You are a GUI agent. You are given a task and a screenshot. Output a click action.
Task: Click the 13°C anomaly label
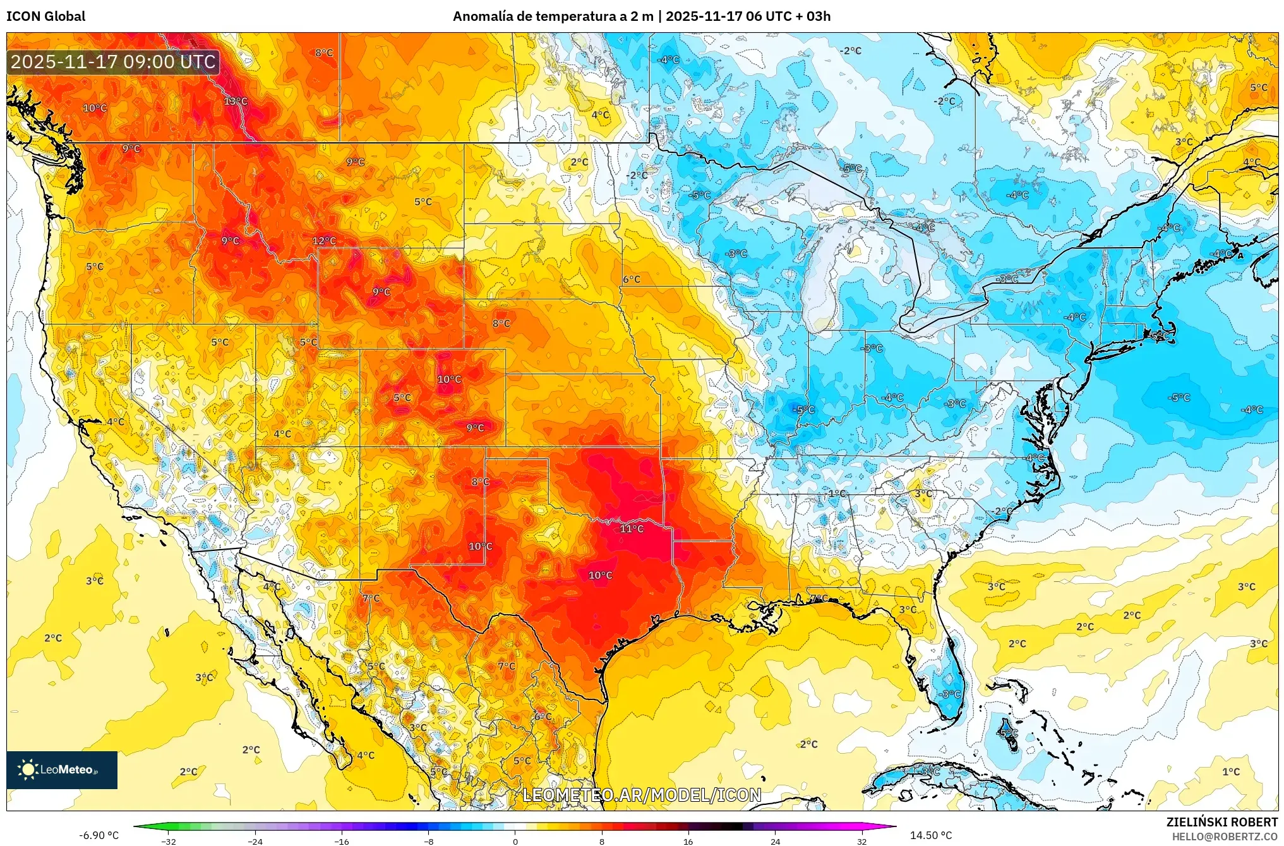pos(236,101)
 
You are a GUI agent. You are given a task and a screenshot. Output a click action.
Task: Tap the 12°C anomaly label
pos(324,241)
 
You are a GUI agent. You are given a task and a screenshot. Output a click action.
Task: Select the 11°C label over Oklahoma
pos(632,529)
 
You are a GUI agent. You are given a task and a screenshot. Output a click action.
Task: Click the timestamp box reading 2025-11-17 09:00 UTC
pos(113,62)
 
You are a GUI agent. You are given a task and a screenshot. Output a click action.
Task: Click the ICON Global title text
pos(45,16)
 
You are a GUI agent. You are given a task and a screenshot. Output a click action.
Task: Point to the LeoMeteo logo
pos(61,770)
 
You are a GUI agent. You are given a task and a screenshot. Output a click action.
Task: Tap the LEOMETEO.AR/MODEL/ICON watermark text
pos(642,795)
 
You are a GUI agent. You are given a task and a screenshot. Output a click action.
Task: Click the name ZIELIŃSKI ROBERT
pos(1221,822)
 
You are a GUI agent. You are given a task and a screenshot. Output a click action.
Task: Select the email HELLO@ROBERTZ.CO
pos(1225,837)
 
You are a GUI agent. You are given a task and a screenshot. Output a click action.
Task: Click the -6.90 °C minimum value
pos(99,835)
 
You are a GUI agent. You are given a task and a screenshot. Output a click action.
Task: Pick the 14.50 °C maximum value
pos(931,835)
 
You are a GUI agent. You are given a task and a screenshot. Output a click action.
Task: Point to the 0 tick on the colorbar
pos(515,842)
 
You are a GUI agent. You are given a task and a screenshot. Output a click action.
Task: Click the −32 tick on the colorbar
pos(168,842)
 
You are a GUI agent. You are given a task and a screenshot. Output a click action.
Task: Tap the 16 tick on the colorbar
pos(688,842)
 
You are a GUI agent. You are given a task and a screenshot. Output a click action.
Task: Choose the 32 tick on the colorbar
pos(862,842)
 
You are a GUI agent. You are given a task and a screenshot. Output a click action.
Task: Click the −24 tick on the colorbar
pos(255,842)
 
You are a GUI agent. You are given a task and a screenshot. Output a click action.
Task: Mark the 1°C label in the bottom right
pos(1231,771)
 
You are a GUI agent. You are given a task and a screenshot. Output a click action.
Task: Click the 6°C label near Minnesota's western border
pos(632,279)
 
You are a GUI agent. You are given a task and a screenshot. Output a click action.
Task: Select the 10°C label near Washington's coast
pos(95,108)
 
